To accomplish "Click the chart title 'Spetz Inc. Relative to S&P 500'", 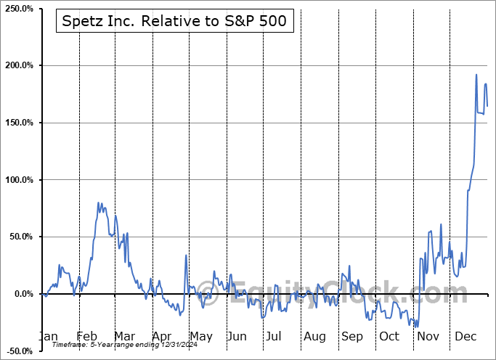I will [175, 22].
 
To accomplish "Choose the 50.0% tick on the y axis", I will [22, 237].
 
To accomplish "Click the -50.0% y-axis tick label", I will [20, 351].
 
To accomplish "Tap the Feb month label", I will [86, 336].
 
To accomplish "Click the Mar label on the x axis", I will [125, 336].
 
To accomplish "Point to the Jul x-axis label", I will [274, 336].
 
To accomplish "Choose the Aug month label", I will [314, 336].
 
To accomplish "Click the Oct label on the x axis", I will [389, 336].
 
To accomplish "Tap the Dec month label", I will [465, 336].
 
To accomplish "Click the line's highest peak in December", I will [476, 75].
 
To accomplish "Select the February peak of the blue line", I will [98, 203].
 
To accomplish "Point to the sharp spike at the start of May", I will [186, 255].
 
